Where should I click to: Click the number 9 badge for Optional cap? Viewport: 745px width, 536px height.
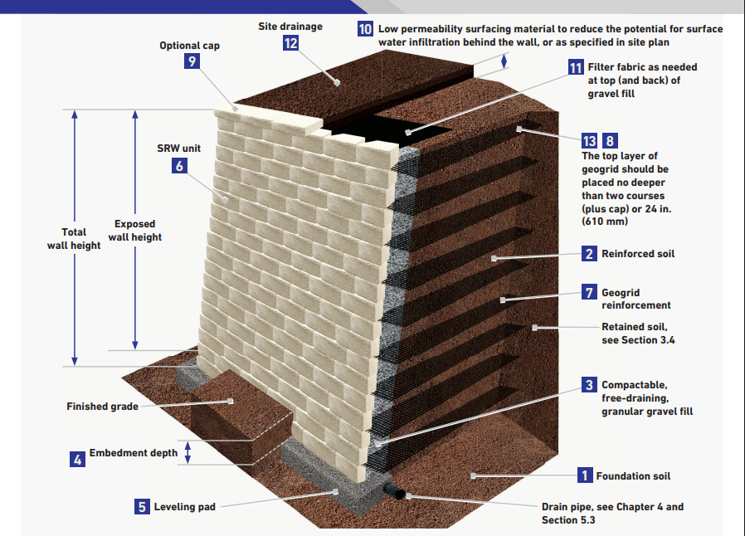(192, 61)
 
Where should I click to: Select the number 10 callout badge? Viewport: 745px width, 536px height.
(365, 29)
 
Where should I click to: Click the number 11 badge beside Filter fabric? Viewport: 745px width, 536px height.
(576, 68)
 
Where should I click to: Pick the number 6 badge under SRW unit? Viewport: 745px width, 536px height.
(179, 164)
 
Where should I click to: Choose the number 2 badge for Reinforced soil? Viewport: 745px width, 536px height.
(589, 253)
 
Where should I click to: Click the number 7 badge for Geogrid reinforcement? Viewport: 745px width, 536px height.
(589, 292)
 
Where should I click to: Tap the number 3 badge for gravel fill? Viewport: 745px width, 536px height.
(589, 385)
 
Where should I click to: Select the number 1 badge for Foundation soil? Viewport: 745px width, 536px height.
(585, 475)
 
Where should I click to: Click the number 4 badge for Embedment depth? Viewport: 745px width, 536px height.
(77, 458)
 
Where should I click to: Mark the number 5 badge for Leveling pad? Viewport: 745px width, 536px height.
(142, 506)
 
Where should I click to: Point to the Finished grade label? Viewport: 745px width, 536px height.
(102, 407)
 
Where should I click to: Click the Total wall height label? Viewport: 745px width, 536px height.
(80, 239)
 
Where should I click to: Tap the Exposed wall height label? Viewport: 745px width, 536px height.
(138, 231)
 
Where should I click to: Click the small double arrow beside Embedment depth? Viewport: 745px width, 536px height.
(188, 452)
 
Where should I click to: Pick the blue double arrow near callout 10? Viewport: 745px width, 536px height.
(503, 61)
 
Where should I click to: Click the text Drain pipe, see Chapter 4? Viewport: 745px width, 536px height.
(612, 507)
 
